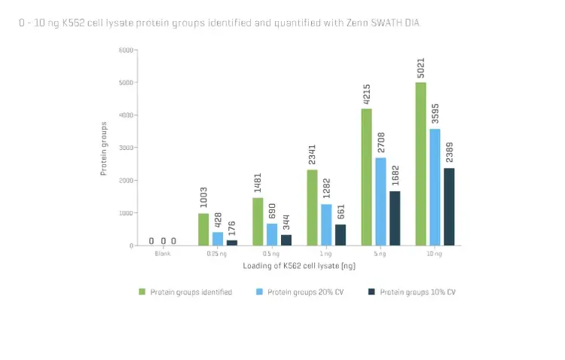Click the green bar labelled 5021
tap(420, 163)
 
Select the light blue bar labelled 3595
tap(435, 187)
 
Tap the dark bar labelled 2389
tap(450, 206)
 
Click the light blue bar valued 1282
tap(326, 224)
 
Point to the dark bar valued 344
tap(286, 239)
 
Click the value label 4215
tap(366, 93)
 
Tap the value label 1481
tap(258, 183)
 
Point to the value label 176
tap(232, 228)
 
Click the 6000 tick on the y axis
tap(126, 50)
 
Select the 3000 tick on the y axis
tap(126, 148)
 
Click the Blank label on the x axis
tap(163, 254)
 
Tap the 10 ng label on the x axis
tap(435, 254)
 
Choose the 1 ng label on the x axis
tap(326, 254)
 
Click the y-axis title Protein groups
tap(104, 148)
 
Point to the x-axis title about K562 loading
tap(299, 266)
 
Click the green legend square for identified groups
tap(142, 291)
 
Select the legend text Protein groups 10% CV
tap(418, 291)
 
